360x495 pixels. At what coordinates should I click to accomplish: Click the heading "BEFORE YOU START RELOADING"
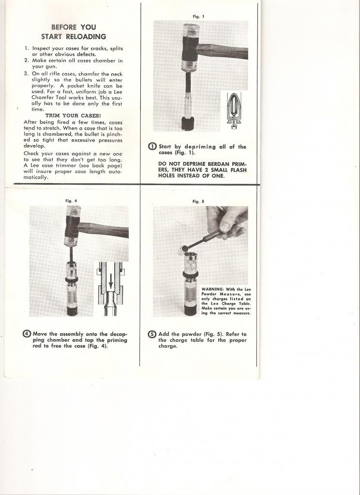(x=74, y=32)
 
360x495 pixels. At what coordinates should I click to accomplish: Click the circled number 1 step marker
(x=152, y=147)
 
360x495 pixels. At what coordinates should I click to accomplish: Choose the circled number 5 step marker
(x=152, y=334)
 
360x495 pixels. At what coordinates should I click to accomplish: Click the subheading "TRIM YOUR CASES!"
(x=74, y=116)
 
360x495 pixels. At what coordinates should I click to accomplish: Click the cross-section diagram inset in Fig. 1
(x=234, y=111)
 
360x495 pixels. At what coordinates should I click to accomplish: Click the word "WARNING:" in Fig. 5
(x=211, y=289)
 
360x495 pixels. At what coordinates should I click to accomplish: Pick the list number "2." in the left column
(x=27, y=60)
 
